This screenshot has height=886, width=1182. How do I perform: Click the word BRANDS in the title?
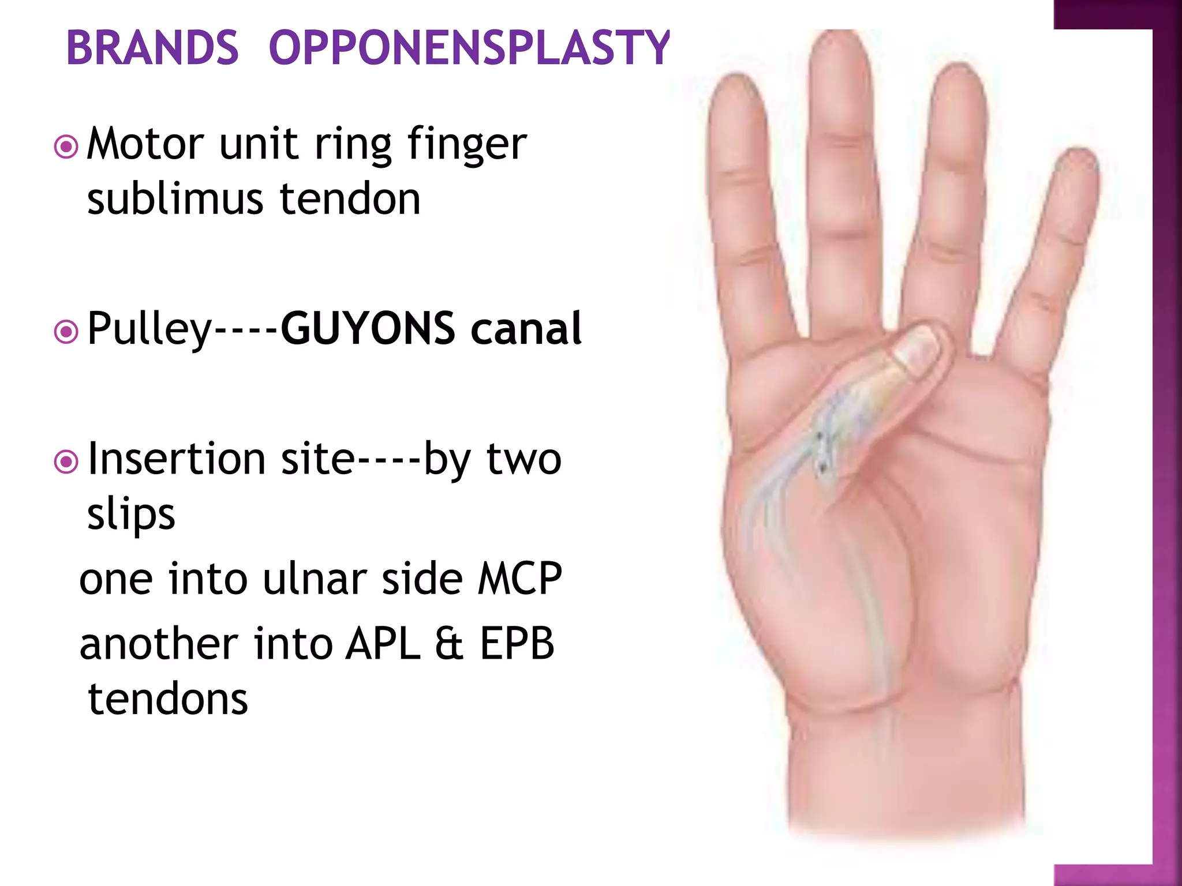[x=152, y=47]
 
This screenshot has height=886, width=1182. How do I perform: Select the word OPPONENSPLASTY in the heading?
[x=469, y=47]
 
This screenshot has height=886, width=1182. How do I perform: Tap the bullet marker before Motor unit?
[x=66, y=147]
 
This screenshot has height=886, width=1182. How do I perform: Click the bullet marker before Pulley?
[x=66, y=332]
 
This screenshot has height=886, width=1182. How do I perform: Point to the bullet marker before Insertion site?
[x=66, y=462]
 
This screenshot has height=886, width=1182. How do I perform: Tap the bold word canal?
[x=526, y=328]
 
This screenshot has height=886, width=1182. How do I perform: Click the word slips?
[x=131, y=515]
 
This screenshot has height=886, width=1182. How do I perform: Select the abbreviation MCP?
[x=519, y=579]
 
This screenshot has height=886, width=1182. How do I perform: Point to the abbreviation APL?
[x=383, y=644]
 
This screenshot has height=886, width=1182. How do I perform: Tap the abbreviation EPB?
[x=517, y=644]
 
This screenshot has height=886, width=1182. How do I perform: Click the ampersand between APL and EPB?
[x=450, y=644]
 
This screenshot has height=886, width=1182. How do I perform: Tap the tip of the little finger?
[x=1078, y=162]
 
